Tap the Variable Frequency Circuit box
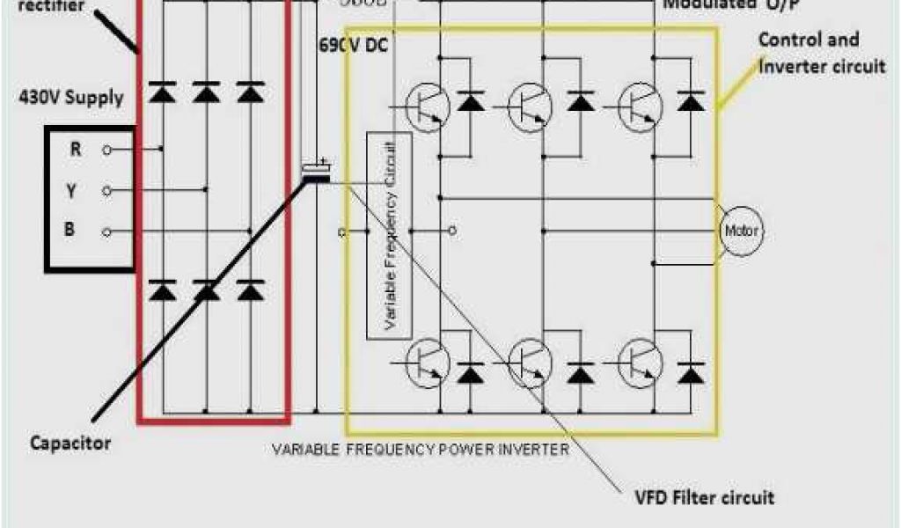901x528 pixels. [388, 235]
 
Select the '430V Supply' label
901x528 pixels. [71, 96]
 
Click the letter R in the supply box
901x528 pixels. [77, 150]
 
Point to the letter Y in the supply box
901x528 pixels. [70, 190]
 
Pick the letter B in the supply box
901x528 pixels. [70, 231]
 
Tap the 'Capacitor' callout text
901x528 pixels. [70, 443]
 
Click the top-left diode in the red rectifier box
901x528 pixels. [161, 92]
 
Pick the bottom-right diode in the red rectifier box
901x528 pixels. [251, 290]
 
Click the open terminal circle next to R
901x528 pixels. [106, 150]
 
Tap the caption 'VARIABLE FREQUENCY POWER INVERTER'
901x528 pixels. [420, 449]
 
